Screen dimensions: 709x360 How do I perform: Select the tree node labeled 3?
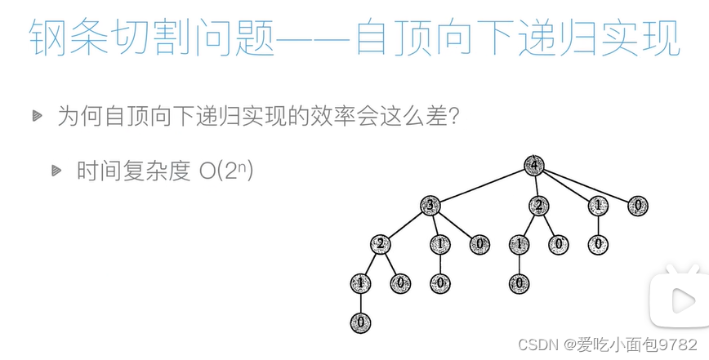click(x=430, y=205)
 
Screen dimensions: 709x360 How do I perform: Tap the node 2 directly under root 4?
click(x=537, y=205)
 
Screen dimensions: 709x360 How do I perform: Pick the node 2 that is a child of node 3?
click(x=380, y=243)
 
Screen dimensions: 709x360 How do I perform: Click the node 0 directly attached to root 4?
click(x=638, y=205)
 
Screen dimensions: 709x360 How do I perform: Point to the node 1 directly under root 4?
click(x=598, y=205)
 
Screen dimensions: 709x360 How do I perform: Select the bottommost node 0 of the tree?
click(x=360, y=322)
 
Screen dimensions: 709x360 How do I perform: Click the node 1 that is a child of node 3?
click(x=440, y=243)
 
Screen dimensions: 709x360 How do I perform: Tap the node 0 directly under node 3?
click(x=479, y=243)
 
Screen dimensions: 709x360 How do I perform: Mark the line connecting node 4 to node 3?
click(x=482, y=184)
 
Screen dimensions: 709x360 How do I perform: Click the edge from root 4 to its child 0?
click(x=586, y=184)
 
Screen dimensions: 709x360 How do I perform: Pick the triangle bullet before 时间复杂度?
click(x=56, y=171)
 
